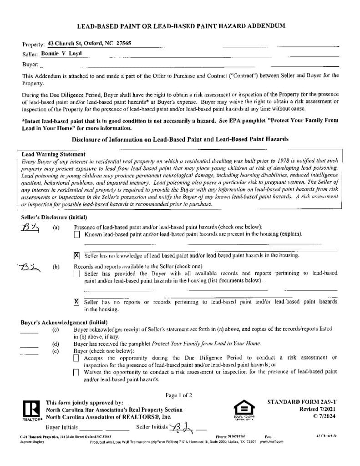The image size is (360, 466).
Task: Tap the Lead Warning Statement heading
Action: (x=53, y=154)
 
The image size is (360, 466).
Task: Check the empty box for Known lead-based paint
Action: (x=76, y=235)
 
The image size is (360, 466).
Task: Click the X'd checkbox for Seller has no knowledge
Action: (x=76, y=256)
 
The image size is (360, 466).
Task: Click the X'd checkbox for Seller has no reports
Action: (x=76, y=302)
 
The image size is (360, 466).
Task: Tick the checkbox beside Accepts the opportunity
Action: (x=76, y=358)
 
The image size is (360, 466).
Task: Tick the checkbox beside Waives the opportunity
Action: (x=76, y=372)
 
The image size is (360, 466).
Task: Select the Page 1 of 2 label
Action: (x=179, y=395)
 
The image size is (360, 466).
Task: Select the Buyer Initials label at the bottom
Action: (x=61, y=428)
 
